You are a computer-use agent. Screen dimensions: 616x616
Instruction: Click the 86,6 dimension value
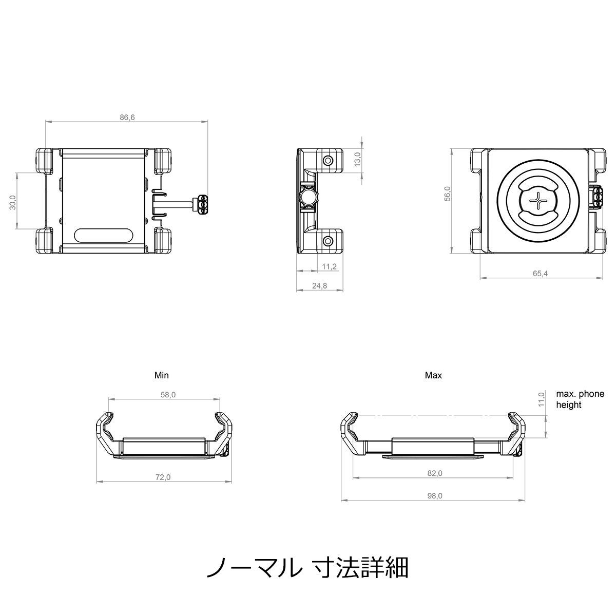click(x=127, y=118)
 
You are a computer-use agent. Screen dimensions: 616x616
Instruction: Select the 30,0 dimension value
click(x=13, y=202)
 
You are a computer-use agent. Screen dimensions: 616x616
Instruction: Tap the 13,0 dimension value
click(x=357, y=159)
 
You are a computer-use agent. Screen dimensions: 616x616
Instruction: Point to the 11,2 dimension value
click(x=329, y=266)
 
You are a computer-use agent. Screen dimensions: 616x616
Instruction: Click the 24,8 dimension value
click(x=320, y=285)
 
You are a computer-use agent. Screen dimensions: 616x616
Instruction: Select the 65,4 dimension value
click(x=540, y=273)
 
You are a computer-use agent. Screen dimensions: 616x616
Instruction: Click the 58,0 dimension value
click(x=168, y=395)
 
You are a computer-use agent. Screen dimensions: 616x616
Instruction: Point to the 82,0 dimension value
click(x=435, y=473)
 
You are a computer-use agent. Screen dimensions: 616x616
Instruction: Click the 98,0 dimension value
click(x=435, y=496)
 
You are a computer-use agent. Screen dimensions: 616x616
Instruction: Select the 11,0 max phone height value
click(x=541, y=399)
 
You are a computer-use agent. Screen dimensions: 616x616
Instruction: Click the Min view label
click(x=161, y=375)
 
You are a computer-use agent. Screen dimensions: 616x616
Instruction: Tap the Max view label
click(x=433, y=375)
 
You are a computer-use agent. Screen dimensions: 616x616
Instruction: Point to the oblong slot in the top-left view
click(x=103, y=236)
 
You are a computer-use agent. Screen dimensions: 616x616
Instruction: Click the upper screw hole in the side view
click(x=328, y=161)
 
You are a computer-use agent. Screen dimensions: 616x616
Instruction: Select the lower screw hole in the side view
click(x=328, y=241)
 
